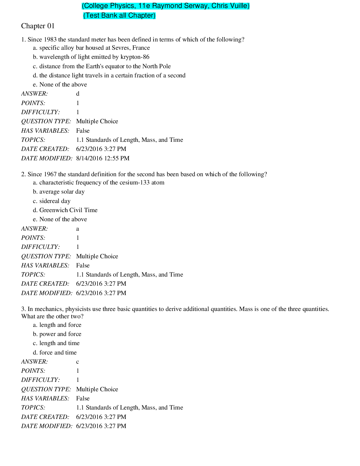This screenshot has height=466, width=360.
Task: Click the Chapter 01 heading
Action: pyautogui.click(x=38, y=26)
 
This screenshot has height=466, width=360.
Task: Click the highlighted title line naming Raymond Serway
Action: pyautogui.click(x=166, y=6)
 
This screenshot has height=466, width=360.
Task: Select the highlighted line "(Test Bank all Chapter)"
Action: pyautogui.click(x=119, y=16)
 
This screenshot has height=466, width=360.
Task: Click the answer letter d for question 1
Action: pyautogui.click(x=78, y=94)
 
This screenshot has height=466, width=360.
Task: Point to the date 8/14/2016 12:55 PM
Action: pyautogui.click(x=103, y=158)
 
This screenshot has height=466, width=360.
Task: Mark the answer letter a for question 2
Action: pyautogui.click(x=78, y=229)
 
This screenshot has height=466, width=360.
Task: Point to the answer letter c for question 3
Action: pyautogui.click(x=78, y=362)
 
